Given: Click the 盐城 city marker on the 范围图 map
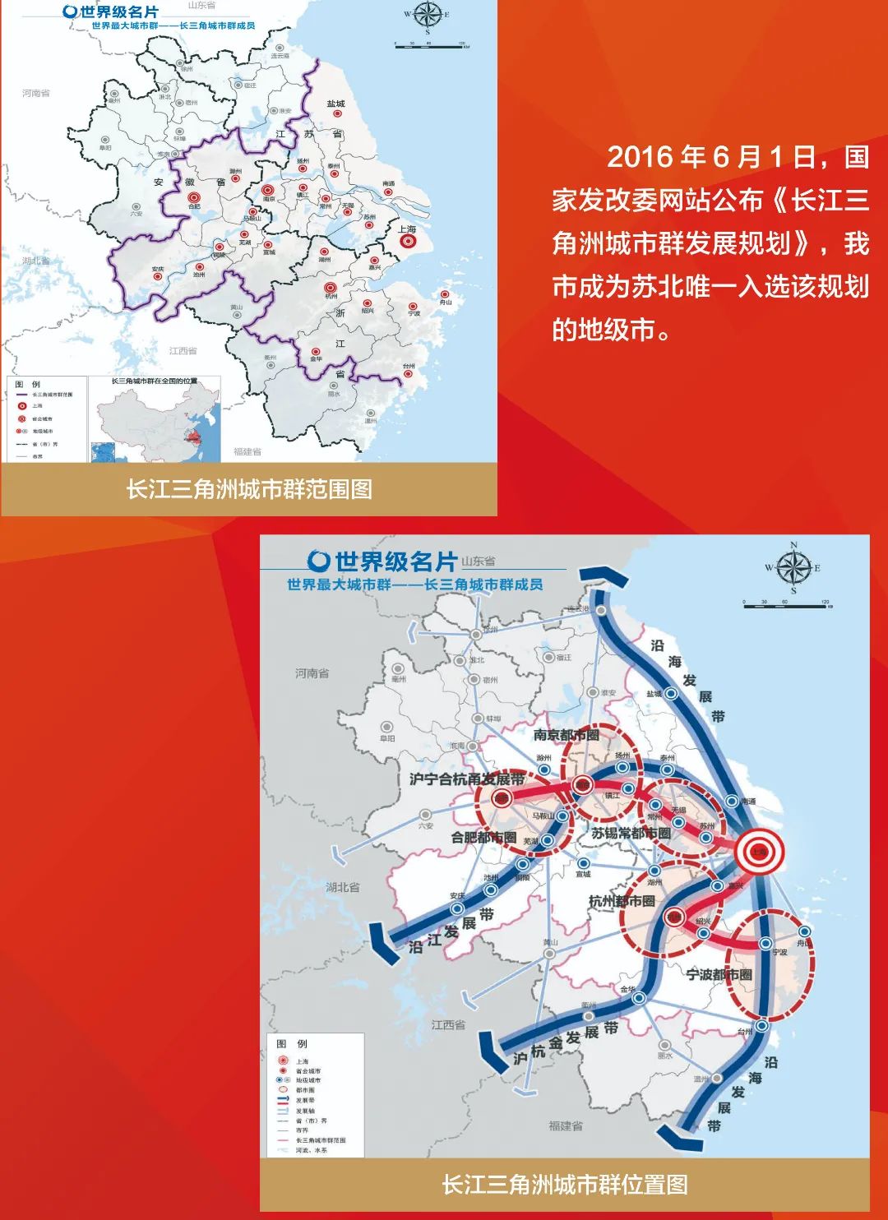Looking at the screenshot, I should [x=335, y=115].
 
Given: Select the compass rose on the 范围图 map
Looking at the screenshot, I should [x=428, y=14].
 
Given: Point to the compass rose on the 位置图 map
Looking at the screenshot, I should [x=793, y=567].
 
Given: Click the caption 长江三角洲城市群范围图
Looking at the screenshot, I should [x=249, y=490].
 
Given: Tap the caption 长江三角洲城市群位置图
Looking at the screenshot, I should [x=564, y=1185].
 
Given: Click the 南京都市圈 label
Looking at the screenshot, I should [x=566, y=735].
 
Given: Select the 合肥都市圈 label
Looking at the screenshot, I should [x=483, y=838].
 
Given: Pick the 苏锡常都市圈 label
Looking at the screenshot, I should [x=631, y=834].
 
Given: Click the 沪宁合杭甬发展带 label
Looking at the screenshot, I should [x=466, y=779].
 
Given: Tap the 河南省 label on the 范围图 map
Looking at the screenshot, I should [x=36, y=93].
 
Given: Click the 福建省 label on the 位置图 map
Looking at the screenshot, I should [x=566, y=1126].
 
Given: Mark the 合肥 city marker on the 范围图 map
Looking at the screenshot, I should [x=194, y=198].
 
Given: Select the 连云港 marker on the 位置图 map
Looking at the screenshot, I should [x=602, y=611].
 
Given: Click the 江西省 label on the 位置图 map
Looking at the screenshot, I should [x=448, y=1025].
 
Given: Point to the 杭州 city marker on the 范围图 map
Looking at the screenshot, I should [x=331, y=288].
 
